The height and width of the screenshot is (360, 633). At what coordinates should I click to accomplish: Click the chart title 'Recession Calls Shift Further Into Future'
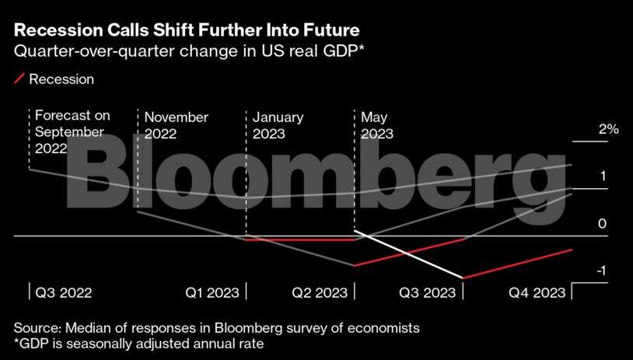pos(187,32)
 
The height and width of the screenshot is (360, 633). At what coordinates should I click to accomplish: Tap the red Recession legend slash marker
pos(19,79)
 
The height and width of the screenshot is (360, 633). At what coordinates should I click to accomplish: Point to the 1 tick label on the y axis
pos(602,177)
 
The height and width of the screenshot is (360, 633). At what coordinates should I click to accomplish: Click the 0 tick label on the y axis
pos(602,224)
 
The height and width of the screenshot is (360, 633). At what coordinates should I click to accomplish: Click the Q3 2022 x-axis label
pos(64,293)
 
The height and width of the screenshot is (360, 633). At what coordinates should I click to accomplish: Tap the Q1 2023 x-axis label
pos(212,293)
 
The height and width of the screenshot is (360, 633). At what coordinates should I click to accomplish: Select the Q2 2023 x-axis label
pos(320,293)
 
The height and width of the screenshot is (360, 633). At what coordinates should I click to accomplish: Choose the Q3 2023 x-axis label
pos(427,293)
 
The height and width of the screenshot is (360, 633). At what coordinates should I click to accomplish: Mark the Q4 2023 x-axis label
pos(537,293)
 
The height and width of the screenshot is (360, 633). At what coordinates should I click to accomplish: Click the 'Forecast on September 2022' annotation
pos(72,132)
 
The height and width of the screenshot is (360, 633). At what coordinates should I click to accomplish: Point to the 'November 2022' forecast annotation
pos(176,125)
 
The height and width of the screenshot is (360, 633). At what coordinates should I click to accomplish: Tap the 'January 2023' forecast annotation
pos(278,125)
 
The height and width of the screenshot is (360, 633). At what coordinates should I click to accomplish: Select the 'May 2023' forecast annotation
pos(377,125)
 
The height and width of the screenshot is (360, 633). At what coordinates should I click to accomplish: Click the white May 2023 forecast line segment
pos(408,254)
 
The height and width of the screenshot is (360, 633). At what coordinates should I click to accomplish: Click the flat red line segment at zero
pos(300,239)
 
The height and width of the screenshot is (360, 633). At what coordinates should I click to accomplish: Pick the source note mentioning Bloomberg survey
pos(217,327)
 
